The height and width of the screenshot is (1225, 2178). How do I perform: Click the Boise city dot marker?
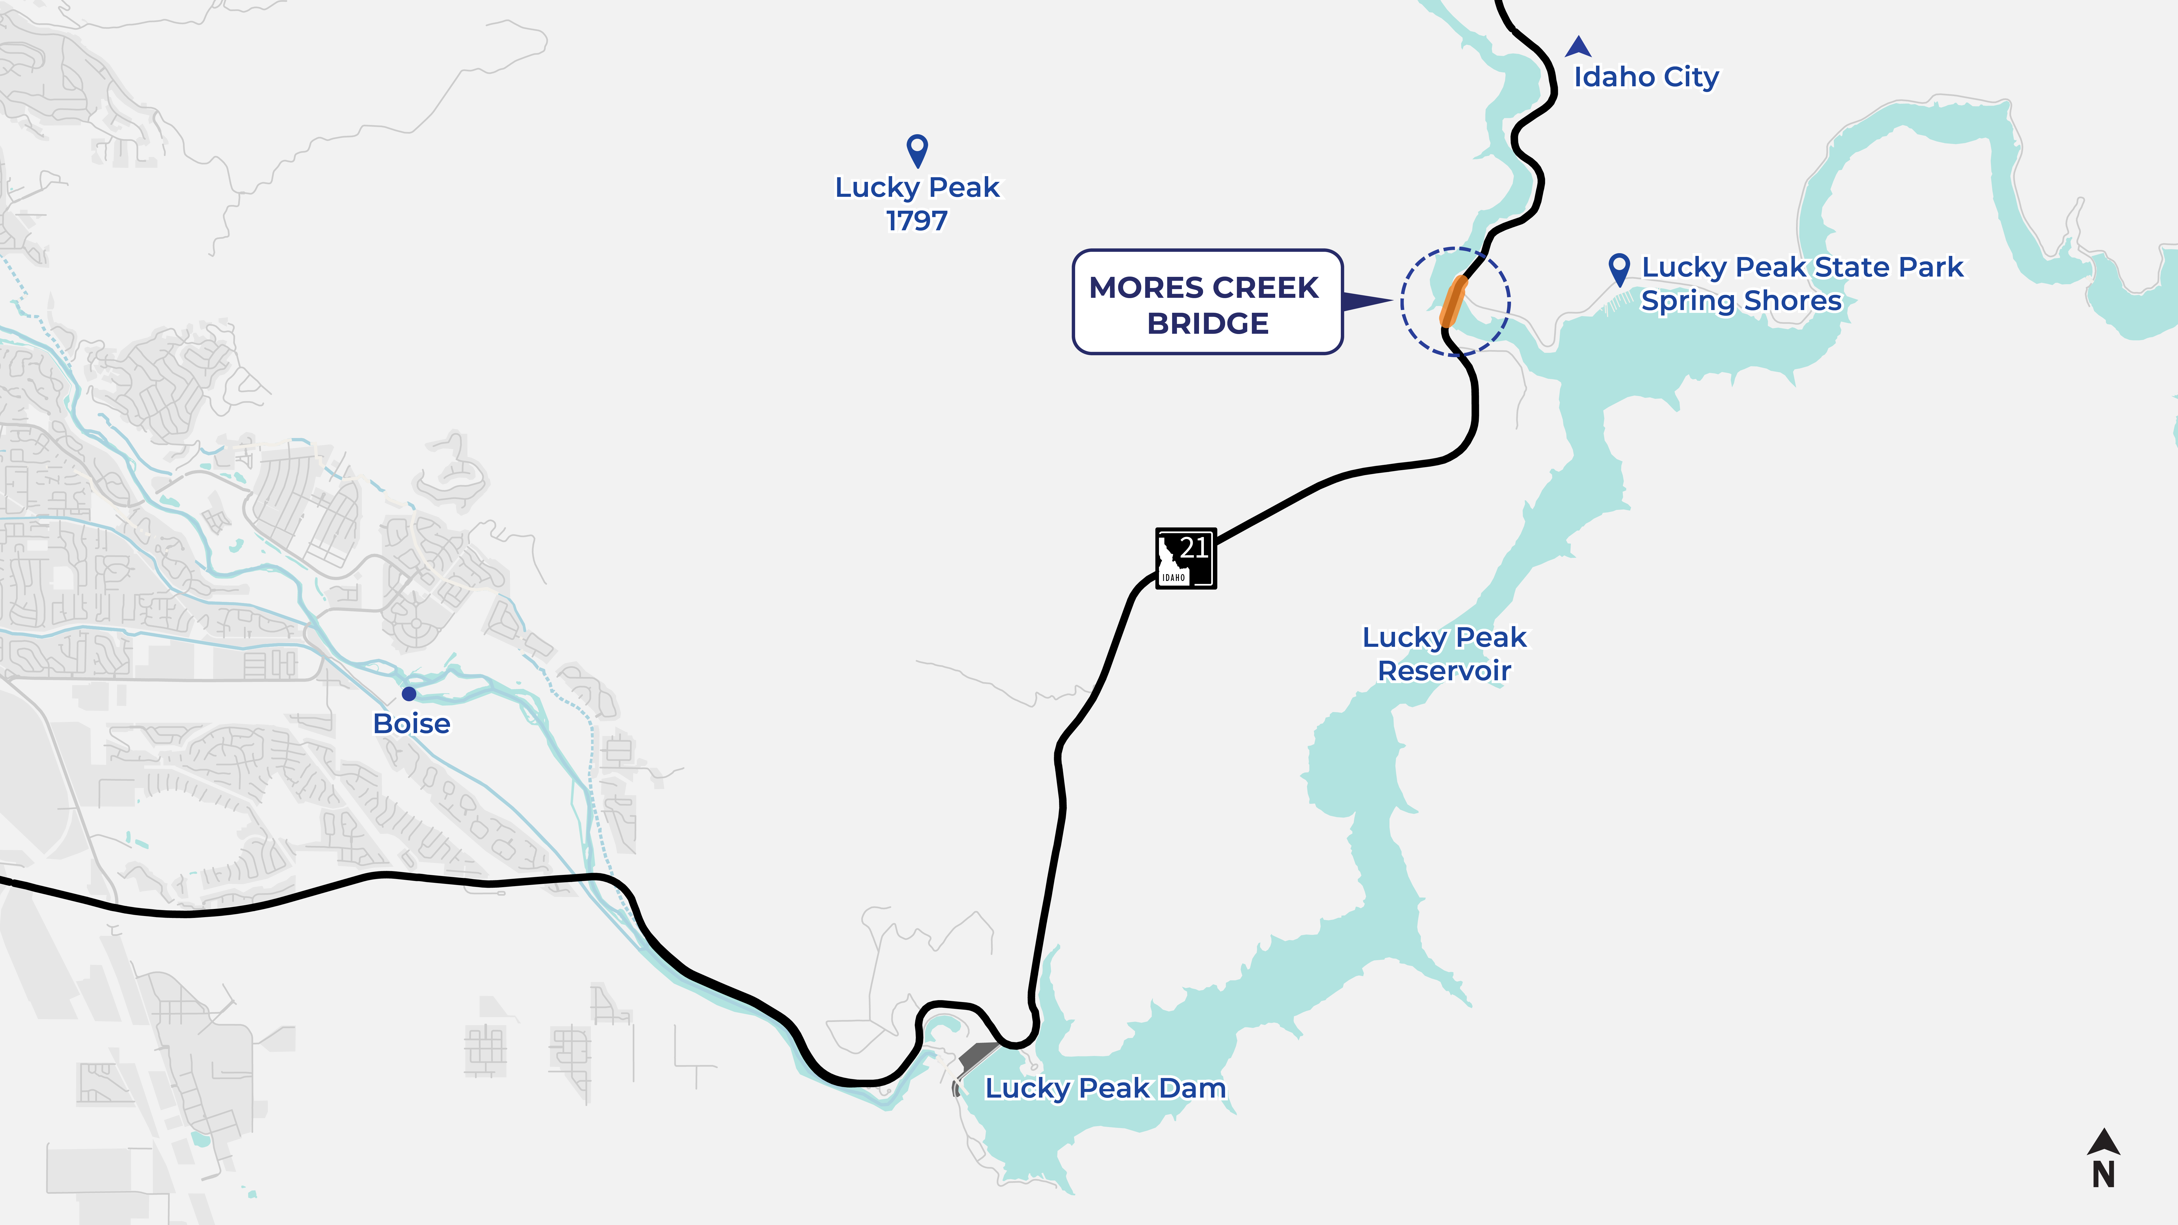pos(409,694)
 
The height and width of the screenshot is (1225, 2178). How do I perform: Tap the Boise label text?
pos(412,724)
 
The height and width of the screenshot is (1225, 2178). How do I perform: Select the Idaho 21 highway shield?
pos(1185,558)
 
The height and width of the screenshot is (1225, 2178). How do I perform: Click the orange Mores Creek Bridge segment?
pos(1454,301)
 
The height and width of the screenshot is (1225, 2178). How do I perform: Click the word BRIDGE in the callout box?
pos(1207,324)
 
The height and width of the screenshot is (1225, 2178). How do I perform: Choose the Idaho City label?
pos(1645,77)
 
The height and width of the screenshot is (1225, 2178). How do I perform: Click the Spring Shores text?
pos(1741,301)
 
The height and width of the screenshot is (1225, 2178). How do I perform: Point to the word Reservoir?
pos(1444,671)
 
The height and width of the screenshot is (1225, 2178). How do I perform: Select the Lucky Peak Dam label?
pos(1105,1088)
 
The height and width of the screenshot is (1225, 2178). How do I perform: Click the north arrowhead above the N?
pos(2104,1141)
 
